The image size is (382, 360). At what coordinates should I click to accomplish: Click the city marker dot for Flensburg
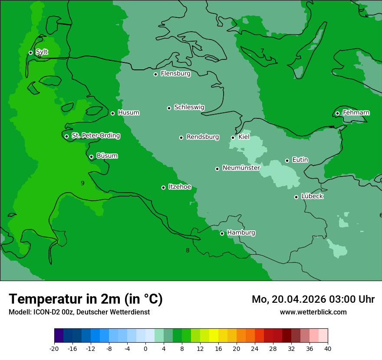(155, 74)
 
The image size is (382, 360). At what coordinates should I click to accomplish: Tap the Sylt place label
(42, 52)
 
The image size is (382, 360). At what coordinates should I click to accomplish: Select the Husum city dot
(112, 113)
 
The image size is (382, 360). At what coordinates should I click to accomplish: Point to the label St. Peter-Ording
(95, 136)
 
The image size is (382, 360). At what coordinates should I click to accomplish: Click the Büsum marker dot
(91, 157)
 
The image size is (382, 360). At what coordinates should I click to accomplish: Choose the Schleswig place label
(189, 107)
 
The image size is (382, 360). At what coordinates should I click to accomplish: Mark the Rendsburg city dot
(181, 137)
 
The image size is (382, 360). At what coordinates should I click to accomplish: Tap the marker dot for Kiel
(233, 137)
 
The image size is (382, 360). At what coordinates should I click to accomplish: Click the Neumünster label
(241, 168)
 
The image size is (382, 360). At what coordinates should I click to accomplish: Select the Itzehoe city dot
(163, 187)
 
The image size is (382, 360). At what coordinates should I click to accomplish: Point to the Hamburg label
(241, 233)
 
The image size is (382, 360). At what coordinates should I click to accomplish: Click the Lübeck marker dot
(296, 197)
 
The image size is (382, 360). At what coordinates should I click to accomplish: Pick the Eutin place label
(300, 160)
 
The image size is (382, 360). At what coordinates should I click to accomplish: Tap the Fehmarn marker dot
(337, 113)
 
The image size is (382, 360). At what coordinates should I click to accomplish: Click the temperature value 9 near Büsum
(82, 183)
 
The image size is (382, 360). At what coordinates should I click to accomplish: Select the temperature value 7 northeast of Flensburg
(262, 51)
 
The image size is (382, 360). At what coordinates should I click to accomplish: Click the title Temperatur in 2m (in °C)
(86, 299)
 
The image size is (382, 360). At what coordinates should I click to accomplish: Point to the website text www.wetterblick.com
(313, 312)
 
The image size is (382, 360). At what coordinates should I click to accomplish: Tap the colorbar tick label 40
(328, 348)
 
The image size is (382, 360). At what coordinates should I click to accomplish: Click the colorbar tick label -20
(54, 348)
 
